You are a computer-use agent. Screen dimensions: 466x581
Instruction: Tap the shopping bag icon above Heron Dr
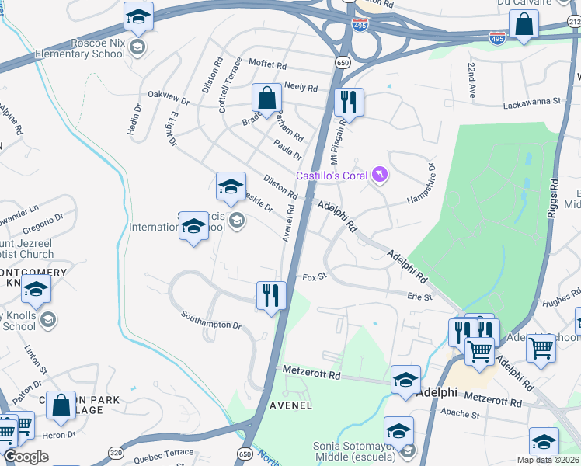click(x=61, y=405)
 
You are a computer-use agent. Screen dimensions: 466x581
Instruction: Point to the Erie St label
click(x=419, y=296)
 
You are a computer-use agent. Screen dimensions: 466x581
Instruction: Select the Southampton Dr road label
click(x=211, y=319)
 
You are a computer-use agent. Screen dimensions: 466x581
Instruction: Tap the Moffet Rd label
click(x=268, y=61)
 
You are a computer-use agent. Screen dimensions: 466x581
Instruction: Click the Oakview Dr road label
click(x=169, y=99)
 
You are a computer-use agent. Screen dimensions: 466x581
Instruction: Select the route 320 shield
click(x=116, y=452)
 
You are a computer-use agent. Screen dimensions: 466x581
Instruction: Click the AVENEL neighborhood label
click(x=290, y=405)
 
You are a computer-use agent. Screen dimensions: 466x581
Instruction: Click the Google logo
click(x=26, y=457)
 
